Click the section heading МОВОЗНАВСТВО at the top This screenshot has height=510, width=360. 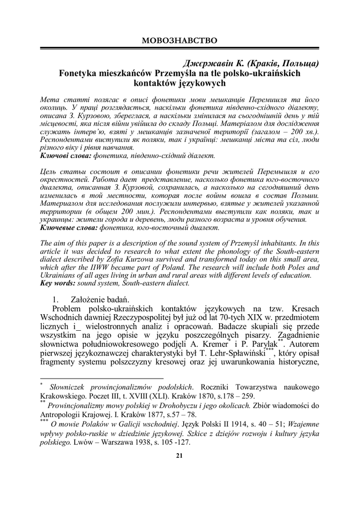[x=180, y=39]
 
